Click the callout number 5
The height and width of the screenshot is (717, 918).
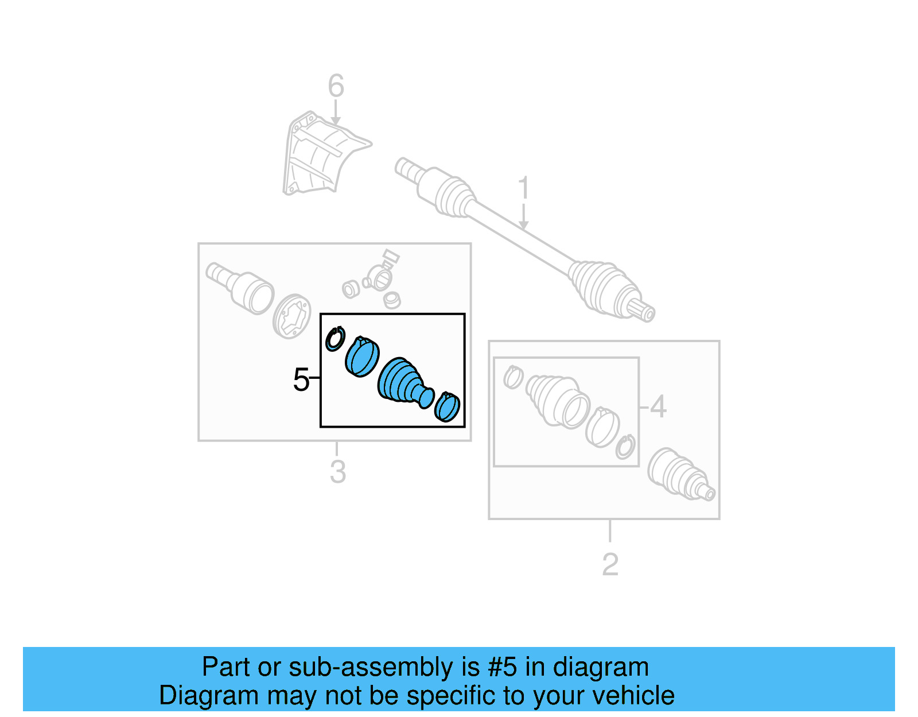[x=301, y=379]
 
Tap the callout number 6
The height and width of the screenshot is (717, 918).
[x=336, y=86]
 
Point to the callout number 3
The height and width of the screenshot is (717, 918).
[x=337, y=472]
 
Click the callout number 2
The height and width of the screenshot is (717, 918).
[x=610, y=565]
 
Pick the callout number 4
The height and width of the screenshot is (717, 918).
[x=658, y=407]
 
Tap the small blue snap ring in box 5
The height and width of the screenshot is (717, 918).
[x=334, y=339]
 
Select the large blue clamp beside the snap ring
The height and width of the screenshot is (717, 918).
[x=362, y=356]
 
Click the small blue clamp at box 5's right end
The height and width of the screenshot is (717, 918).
[x=448, y=406]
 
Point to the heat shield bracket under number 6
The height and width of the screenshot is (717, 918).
[x=318, y=154]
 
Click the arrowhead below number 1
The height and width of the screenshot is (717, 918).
[x=523, y=225]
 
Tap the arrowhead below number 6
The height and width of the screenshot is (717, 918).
[x=336, y=121]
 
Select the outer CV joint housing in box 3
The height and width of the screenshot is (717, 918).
[x=251, y=292]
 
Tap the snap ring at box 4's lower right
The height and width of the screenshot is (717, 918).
[x=625, y=447]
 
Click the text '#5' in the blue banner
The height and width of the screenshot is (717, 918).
[x=502, y=668]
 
